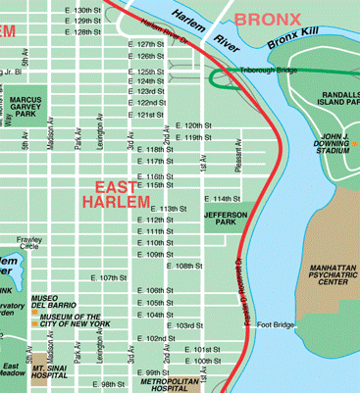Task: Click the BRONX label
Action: (x=267, y=18)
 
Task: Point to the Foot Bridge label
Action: (x=276, y=324)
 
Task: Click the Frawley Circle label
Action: (x=28, y=243)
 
